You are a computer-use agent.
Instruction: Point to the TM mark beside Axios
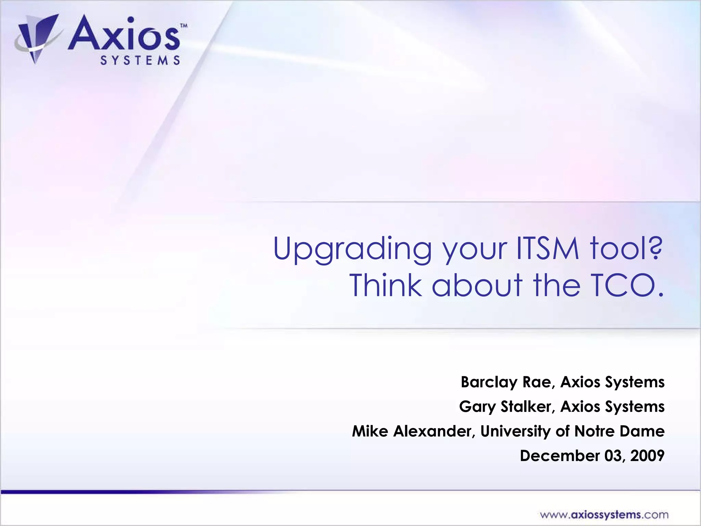pos(184,26)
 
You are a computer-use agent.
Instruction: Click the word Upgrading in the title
pos(352,249)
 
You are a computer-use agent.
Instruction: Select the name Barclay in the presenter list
pos(489,382)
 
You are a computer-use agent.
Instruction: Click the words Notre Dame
pos(619,431)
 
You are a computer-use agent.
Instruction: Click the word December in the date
pos(560,456)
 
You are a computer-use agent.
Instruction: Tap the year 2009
pos(647,456)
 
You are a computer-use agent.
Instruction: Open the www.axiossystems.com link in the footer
pos(604,515)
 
